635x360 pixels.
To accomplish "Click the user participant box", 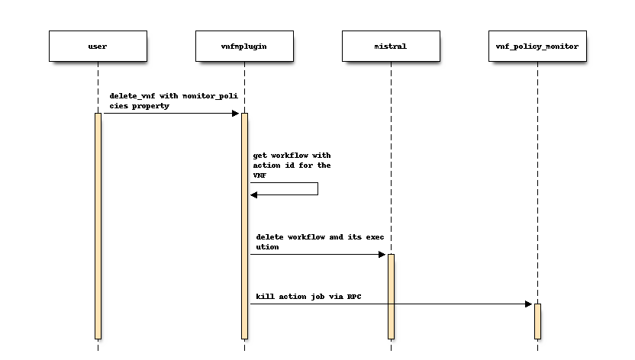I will click(98, 46).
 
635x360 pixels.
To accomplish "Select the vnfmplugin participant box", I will click(244, 46).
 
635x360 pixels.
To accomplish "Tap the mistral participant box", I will click(391, 46).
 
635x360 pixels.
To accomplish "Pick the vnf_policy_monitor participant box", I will click(537, 46).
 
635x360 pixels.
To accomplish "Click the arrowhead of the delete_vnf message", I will click(236, 114).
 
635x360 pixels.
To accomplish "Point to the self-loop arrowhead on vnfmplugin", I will click(254, 194).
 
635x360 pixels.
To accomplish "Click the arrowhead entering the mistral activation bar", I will click(382, 254).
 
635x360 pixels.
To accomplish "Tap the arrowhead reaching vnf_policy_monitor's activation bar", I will click(529, 304).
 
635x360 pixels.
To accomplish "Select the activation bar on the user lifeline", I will click(98, 226).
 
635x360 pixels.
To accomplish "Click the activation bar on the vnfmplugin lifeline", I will click(244, 226).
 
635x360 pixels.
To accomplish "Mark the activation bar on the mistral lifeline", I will click(391, 296).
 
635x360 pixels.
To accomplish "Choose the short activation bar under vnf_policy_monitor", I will click(537, 321).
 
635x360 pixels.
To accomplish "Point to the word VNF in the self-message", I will click(260, 175).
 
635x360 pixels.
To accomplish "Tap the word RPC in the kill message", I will click(353, 294).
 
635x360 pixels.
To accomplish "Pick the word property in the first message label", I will click(151, 105).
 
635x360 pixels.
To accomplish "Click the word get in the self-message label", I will click(260, 156).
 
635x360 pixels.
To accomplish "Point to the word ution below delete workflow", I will click(268, 246).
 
